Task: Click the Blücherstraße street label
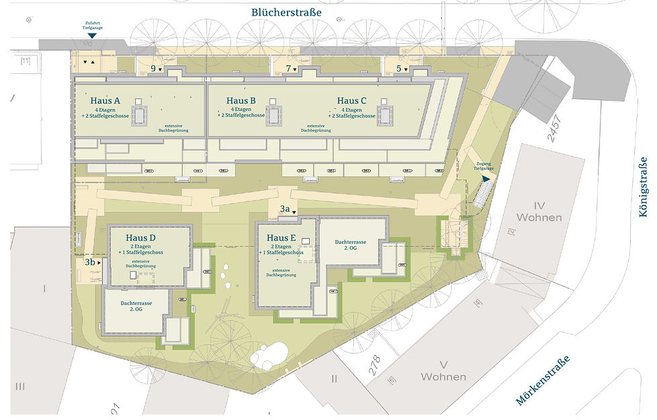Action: click(x=286, y=12)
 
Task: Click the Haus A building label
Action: click(x=109, y=101)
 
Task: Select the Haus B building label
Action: click(x=241, y=101)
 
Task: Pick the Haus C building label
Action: click(x=352, y=101)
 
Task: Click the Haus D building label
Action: click(x=141, y=238)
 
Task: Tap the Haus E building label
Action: click(x=281, y=238)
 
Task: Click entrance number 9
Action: click(x=154, y=69)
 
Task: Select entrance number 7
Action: click(x=289, y=69)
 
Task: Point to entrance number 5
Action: click(x=399, y=69)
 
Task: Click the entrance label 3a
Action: click(x=285, y=209)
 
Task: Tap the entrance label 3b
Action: click(x=90, y=262)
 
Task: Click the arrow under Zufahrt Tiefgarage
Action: click(x=92, y=45)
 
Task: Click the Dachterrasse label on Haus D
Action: click(x=136, y=306)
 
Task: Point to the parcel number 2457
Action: click(x=554, y=127)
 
